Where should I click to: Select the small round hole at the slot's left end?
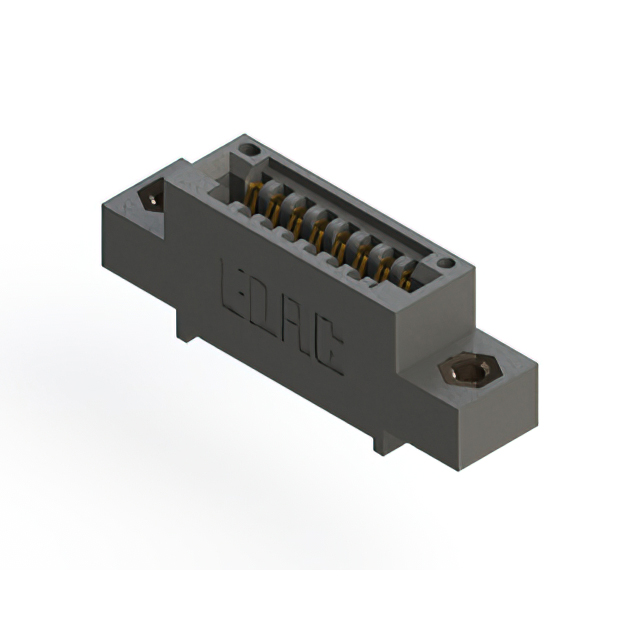pos(249,150)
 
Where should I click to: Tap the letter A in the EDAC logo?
pos(295,340)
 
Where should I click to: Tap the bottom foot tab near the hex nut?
pos(386,439)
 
